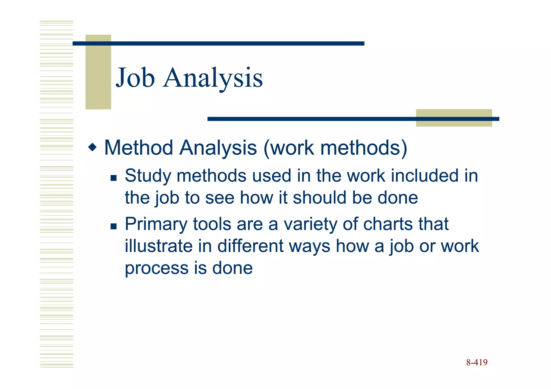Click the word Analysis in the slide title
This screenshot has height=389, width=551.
coord(213,78)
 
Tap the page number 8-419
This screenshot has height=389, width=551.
coord(477,362)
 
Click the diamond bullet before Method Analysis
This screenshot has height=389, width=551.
coord(92,147)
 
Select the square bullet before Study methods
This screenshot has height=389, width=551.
coord(114,178)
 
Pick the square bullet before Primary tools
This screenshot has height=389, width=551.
coord(114,226)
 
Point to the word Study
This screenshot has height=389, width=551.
coord(148,176)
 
